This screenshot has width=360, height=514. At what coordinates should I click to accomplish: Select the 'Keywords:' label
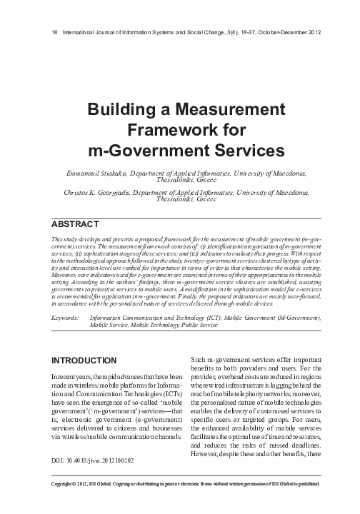click(x=66, y=316)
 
